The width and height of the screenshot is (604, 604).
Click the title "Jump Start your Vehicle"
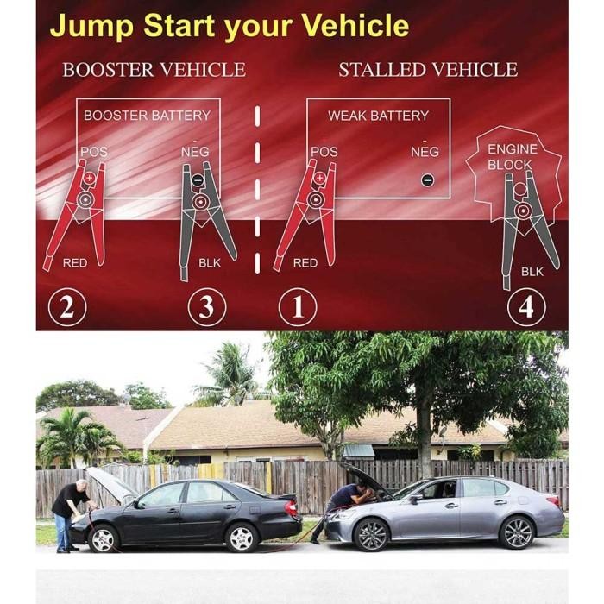coord(229,26)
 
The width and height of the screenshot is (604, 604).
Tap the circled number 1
coord(297,308)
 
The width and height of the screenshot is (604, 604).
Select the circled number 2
coord(66,308)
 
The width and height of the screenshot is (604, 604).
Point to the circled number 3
coord(206,308)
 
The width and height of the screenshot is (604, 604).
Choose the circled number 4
coord(525,308)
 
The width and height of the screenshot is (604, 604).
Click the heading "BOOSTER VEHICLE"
coord(154,70)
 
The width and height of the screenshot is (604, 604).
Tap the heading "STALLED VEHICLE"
coord(428,70)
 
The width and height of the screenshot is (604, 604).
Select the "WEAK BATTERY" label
coord(378,116)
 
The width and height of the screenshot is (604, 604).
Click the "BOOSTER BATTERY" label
coord(147,115)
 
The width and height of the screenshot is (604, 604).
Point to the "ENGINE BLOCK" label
coord(512,157)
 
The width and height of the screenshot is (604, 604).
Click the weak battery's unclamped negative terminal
coord(426,181)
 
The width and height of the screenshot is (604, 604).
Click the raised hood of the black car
coord(111,483)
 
